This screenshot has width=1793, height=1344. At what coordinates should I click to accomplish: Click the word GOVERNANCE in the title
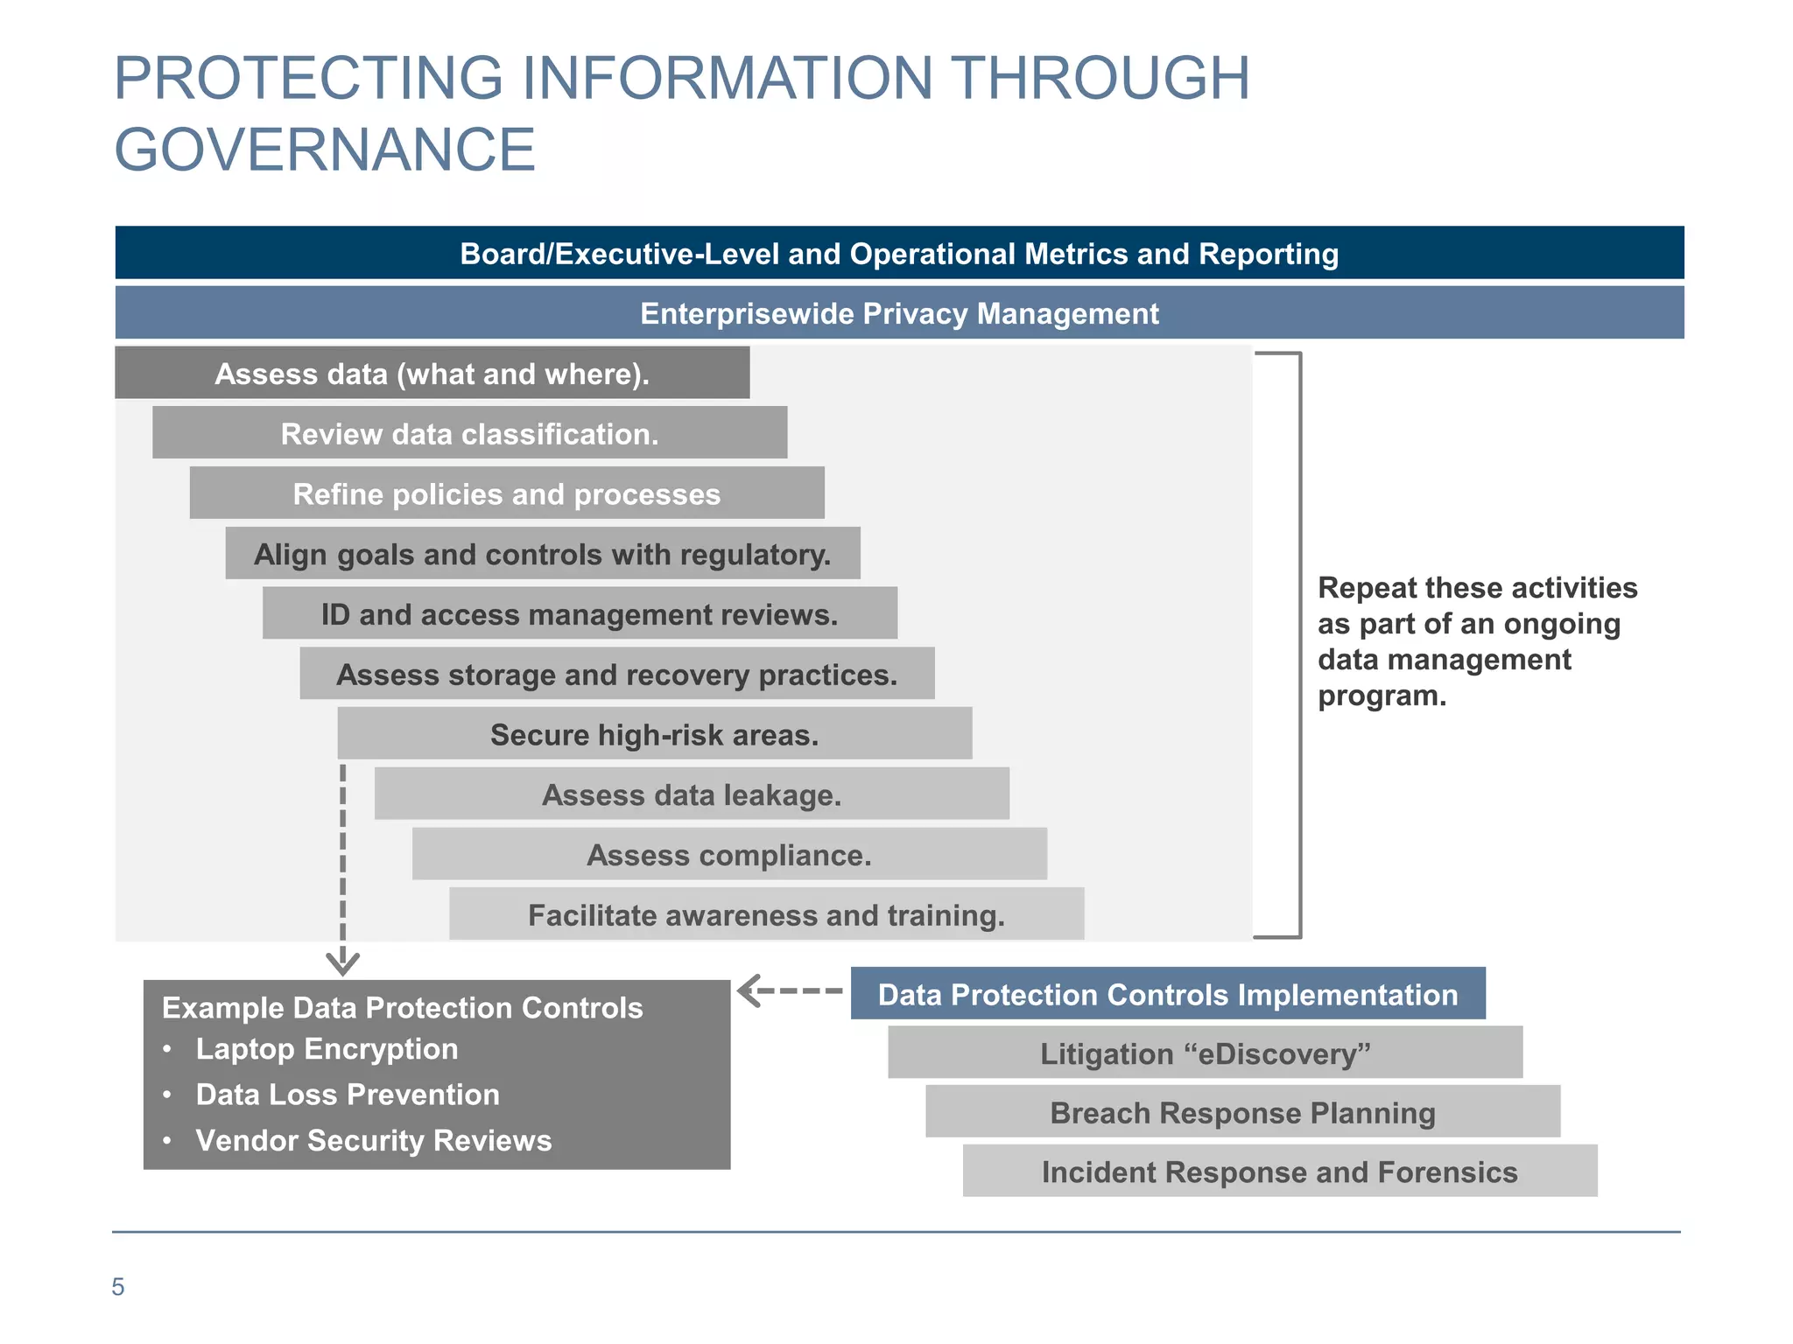(324, 150)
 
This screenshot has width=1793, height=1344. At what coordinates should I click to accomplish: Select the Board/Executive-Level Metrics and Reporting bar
(899, 254)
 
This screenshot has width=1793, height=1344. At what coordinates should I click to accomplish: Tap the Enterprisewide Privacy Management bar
(899, 313)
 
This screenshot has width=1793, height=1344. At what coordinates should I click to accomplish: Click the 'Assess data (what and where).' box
(432, 374)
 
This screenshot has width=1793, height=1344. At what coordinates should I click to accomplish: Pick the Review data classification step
(469, 434)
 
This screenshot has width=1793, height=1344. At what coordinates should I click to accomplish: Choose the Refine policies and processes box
(506, 494)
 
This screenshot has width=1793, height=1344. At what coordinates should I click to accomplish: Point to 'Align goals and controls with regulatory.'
(542, 554)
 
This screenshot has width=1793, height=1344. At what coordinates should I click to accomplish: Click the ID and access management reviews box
(579, 614)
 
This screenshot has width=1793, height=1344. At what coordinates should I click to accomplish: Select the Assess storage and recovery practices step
(616, 675)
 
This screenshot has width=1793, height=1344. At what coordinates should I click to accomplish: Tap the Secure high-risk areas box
(654, 734)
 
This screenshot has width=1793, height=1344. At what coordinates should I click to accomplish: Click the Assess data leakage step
(692, 794)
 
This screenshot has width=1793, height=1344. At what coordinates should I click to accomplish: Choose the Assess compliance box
(728, 855)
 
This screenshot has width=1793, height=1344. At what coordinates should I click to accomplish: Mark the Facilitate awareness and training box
(766, 915)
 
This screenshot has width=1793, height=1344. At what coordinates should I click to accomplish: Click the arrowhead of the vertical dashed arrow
(342, 963)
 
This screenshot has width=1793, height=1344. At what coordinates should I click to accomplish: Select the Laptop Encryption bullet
(327, 1049)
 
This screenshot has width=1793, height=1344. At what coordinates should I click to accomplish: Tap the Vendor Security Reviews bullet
(373, 1141)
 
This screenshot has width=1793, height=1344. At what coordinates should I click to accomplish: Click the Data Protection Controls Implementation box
(1167, 995)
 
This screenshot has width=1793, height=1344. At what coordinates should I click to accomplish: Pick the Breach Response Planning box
(1242, 1113)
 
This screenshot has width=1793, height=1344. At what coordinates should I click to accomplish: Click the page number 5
(118, 1287)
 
